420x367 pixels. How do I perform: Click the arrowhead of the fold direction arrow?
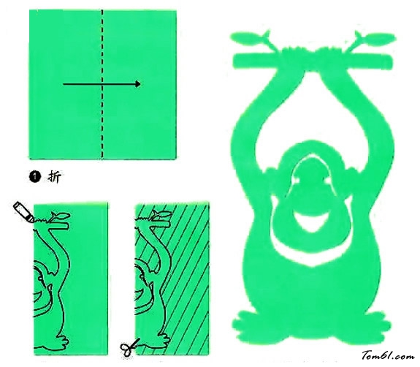click(x=137, y=84)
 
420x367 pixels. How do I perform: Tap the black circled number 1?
click(x=34, y=177)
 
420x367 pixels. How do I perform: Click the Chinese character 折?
click(x=54, y=177)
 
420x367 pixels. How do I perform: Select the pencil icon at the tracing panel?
click(x=23, y=212)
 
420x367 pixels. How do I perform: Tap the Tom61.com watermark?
click(x=388, y=356)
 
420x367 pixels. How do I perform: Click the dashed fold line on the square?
click(x=102, y=84)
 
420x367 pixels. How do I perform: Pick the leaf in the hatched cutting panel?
click(x=161, y=214)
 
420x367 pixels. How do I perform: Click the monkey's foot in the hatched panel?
click(x=162, y=341)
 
